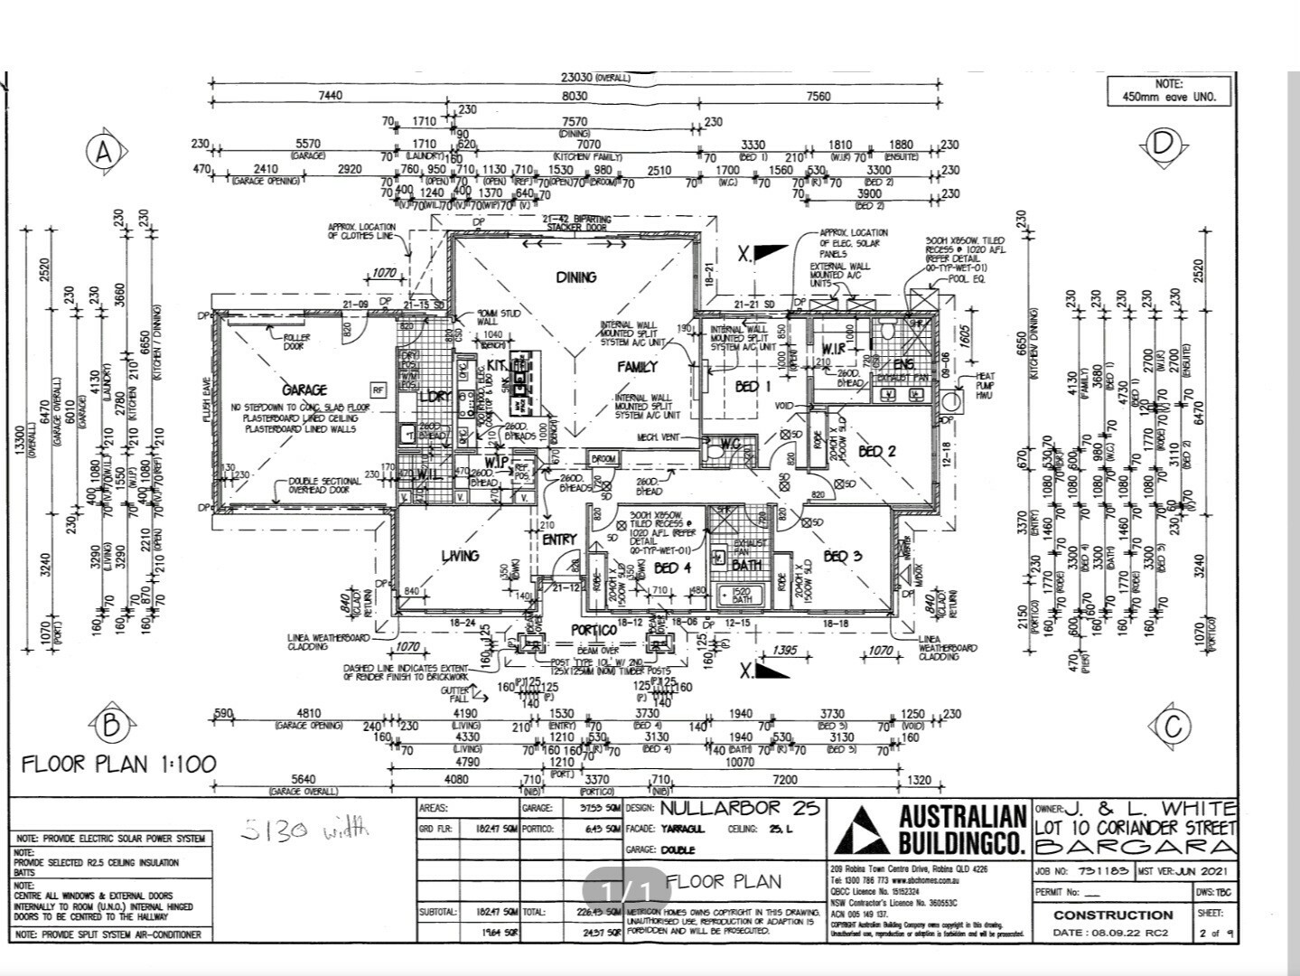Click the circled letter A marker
(x=104, y=153)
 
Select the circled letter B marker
(x=111, y=724)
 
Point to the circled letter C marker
(x=1173, y=725)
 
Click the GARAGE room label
(x=304, y=390)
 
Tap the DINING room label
(x=576, y=277)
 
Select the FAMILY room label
(x=637, y=367)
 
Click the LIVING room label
(x=460, y=555)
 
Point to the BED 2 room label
(x=876, y=451)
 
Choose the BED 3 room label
(x=841, y=556)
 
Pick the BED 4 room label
(x=672, y=568)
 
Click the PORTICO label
(x=594, y=630)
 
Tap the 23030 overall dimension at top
(x=577, y=78)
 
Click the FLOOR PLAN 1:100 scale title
(x=119, y=765)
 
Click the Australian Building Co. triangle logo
(x=861, y=830)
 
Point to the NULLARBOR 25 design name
(x=740, y=808)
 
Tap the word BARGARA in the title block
(x=1135, y=847)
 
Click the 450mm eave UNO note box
(x=1169, y=90)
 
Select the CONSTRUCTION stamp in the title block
(x=1113, y=915)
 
